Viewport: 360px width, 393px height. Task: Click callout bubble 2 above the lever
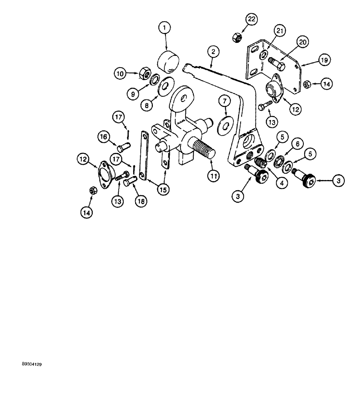[x=212, y=51]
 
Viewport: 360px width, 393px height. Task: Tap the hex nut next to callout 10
[x=144, y=73]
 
